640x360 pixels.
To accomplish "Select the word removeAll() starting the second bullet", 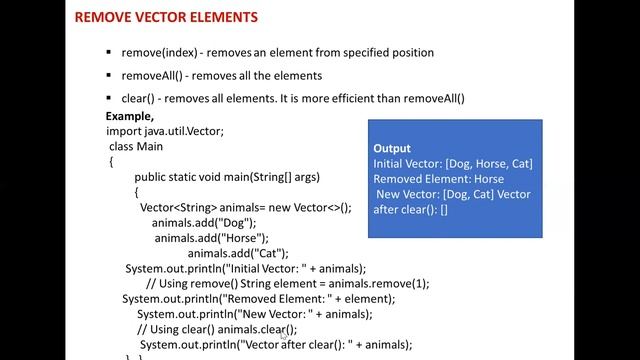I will (151, 75).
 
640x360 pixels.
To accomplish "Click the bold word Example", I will (129, 116).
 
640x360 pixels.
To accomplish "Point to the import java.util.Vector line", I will (165, 130).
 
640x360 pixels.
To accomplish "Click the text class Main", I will (136, 146).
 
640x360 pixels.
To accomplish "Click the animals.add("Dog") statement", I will (204, 223).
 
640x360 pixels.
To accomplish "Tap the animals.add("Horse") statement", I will (211, 238).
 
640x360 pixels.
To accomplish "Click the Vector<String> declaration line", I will (246, 207).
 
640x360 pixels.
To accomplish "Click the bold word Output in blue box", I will (392, 148).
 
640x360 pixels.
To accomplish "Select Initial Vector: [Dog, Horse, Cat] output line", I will (452, 163).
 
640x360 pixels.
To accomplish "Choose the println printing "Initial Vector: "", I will (246, 268).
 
